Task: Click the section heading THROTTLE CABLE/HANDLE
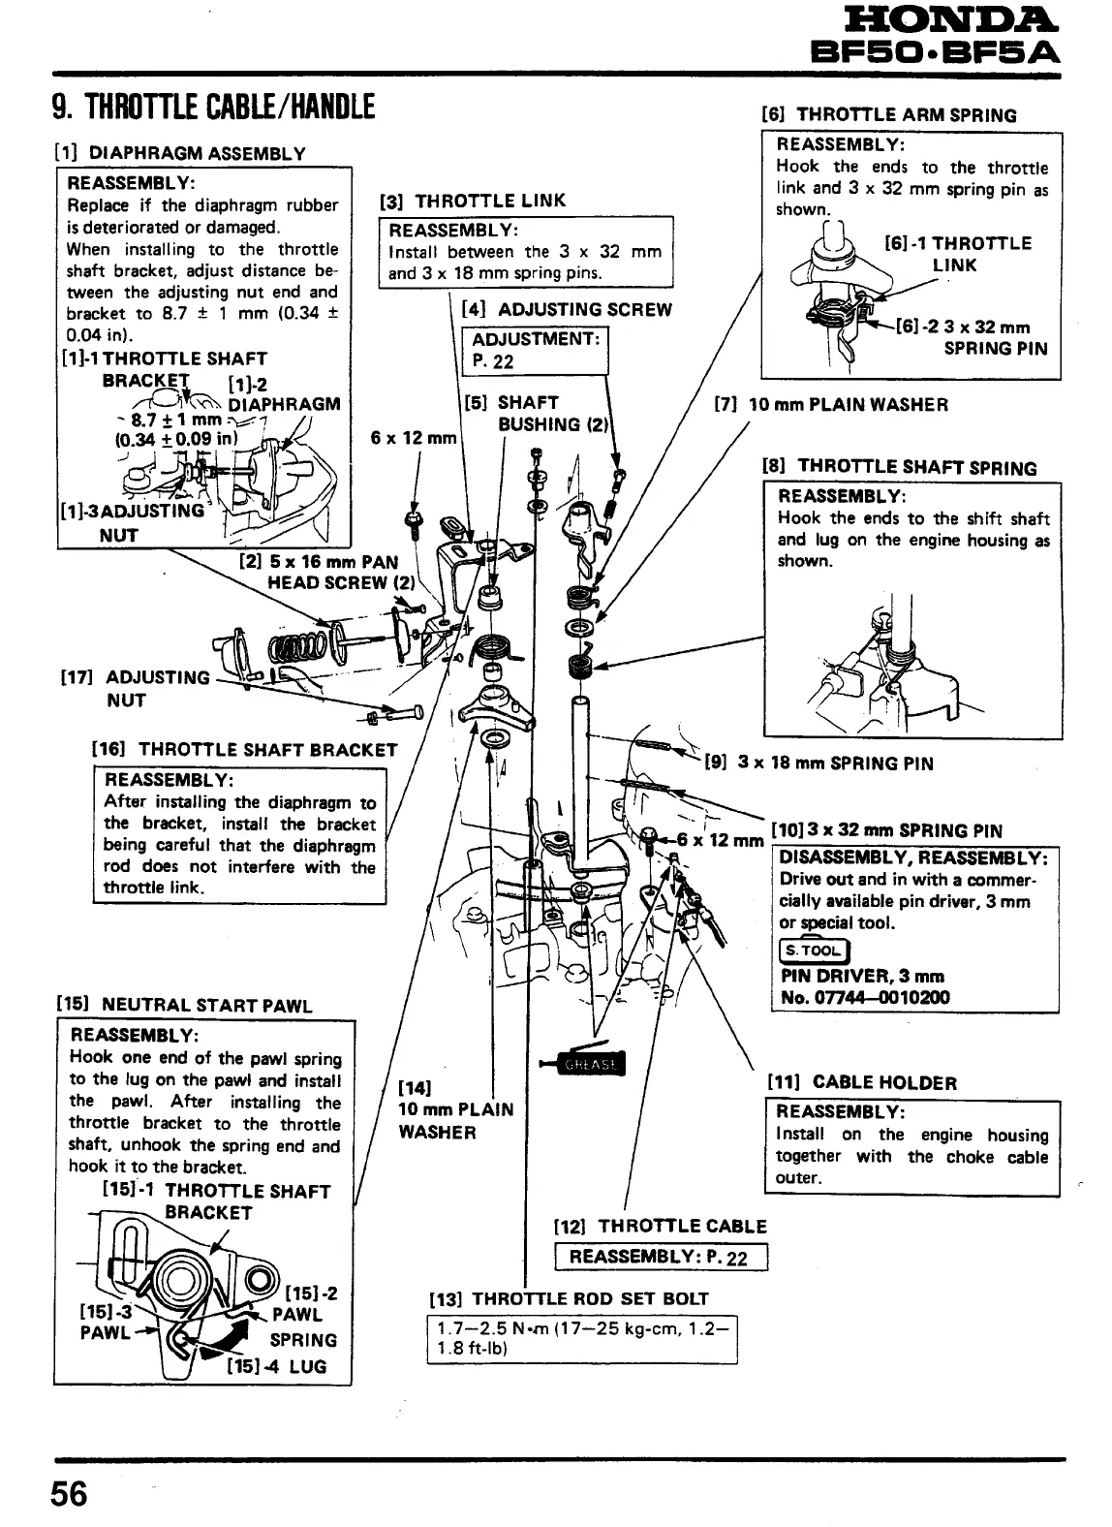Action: (x=214, y=104)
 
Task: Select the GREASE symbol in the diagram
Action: (x=591, y=1065)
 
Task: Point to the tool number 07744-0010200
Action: (x=865, y=997)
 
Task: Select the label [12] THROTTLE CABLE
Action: (x=659, y=1226)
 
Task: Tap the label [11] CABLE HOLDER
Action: (x=861, y=1082)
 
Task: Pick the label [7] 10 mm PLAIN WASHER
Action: (x=830, y=404)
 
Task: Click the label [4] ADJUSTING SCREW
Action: (x=567, y=310)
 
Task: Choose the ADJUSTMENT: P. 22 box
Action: (x=537, y=350)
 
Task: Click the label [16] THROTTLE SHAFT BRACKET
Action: (x=244, y=749)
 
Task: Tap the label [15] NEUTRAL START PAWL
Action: (x=184, y=1005)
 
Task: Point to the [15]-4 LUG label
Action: (x=277, y=1366)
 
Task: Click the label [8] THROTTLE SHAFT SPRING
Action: (x=900, y=467)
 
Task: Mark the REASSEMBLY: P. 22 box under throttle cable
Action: (x=660, y=1258)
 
